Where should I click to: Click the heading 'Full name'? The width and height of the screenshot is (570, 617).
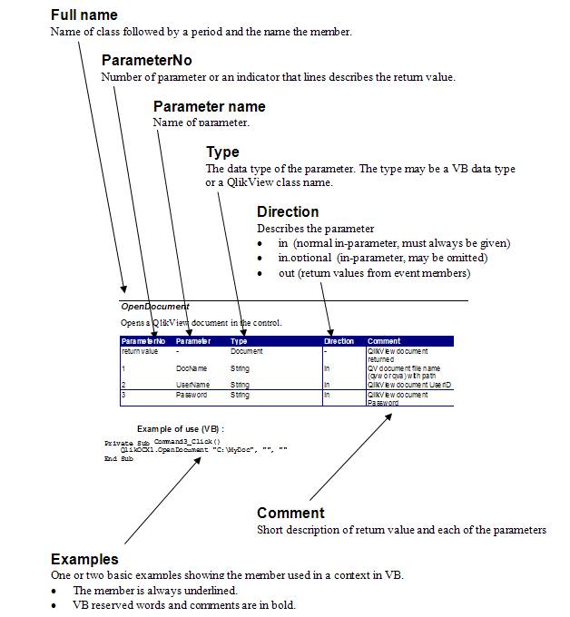(x=84, y=15)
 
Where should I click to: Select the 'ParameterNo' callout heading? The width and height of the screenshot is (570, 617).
(x=146, y=61)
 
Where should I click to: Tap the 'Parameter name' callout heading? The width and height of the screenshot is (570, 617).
(x=209, y=107)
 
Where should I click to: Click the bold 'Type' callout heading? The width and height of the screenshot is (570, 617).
(x=222, y=152)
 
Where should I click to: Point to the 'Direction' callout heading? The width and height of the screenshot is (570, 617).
(x=288, y=212)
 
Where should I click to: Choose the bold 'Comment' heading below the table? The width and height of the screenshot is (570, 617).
(x=290, y=514)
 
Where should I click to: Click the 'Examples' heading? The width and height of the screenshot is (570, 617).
(x=84, y=559)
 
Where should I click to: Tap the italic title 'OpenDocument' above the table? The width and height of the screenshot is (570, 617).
(x=155, y=307)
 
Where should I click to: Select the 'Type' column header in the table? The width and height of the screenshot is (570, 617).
(x=239, y=341)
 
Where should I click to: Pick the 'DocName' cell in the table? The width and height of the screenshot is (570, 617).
(x=192, y=368)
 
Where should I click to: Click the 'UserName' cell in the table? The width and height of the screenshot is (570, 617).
(x=193, y=386)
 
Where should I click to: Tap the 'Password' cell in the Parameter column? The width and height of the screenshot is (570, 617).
(x=192, y=395)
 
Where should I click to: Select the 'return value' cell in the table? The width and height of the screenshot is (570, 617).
(x=140, y=350)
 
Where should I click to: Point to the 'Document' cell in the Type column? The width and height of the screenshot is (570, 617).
(x=246, y=350)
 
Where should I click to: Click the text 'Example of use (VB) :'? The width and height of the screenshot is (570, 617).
(x=180, y=427)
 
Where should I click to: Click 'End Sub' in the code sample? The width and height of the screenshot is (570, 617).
(x=119, y=458)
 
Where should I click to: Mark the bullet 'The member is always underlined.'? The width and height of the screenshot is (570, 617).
(x=155, y=591)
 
